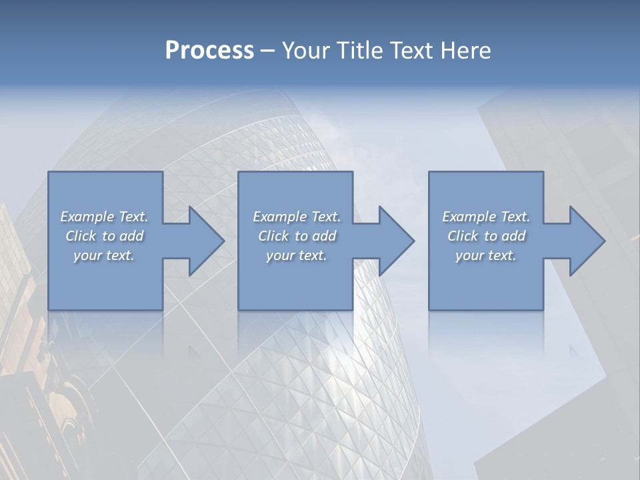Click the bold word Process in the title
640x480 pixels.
[209, 51]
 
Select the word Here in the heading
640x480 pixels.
[465, 51]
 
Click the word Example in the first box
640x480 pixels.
[87, 217]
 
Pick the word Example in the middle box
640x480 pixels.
[279, 217]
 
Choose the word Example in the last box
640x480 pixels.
[469, 217]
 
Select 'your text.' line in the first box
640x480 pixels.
[104, 255]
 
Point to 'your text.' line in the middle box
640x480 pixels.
[296, 255]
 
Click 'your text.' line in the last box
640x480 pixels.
[486, 255]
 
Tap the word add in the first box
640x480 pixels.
[131, 236]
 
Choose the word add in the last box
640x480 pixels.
[513, 236]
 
